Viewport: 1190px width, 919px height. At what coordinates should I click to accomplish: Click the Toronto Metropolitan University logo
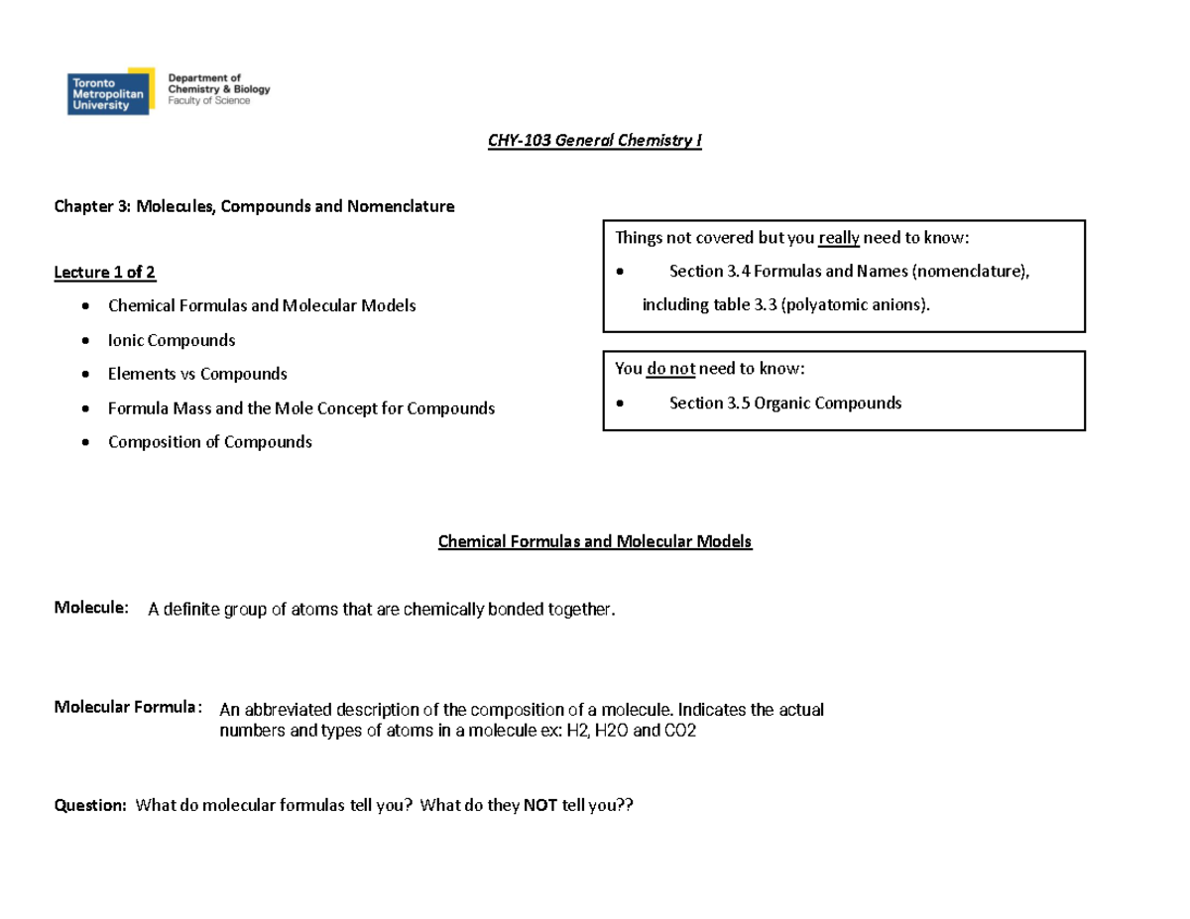[x=110, y=91]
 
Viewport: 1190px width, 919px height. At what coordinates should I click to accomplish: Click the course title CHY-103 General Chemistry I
[x=594, y=140]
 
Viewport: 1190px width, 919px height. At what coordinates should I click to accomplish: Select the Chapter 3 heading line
[x=254, y=207]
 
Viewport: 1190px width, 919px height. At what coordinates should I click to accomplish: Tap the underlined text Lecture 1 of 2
[x=104, y=272]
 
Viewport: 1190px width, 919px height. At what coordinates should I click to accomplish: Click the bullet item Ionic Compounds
[x=172, y=340]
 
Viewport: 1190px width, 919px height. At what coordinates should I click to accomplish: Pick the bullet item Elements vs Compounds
[x=197, y=374]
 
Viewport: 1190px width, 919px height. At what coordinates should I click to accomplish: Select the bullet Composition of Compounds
[x=209, y=441]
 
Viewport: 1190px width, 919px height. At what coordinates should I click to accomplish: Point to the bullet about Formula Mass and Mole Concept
[x=300, y=407]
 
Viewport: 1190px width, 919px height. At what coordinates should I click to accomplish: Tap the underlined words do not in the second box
[x=670, y=369]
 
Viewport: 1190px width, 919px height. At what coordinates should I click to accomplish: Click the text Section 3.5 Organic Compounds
[x=785, y=402]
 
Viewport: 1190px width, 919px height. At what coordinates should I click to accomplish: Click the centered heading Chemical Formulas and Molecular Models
[x=595, y=541]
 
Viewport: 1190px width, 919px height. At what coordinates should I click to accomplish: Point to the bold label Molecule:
[x=90, y=607]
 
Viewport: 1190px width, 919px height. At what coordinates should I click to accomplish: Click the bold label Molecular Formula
[x=126, y=707]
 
